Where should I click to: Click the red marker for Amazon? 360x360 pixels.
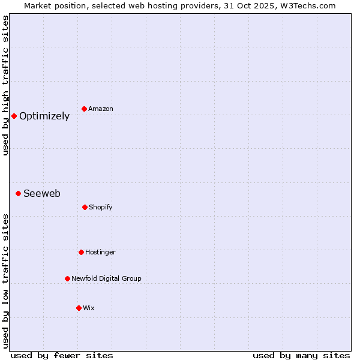[85, 109]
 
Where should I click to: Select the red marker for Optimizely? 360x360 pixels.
[14, 116]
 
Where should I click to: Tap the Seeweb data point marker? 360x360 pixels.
[19, 193]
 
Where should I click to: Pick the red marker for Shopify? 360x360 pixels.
[85, 207]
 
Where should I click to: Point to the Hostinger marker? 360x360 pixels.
[81, 252]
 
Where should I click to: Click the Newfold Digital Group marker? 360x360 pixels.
[67, 278]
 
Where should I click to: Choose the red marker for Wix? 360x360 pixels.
[79, 308]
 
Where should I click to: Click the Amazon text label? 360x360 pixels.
[101, 109]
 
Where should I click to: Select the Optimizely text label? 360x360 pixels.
[44, 116]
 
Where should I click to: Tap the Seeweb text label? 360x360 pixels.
[42, 193]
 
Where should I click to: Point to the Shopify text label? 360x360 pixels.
[101, 207]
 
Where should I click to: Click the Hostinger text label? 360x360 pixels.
[100, 252]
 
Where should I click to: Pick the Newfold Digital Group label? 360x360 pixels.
[106, 278]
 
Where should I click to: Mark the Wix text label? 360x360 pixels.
[89, 308]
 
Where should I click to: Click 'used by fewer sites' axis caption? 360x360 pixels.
[62, 355]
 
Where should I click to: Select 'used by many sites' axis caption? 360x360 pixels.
[301, 355]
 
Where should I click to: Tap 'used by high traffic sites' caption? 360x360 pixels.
[5, 85]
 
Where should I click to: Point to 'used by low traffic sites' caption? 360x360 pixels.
[5, 281]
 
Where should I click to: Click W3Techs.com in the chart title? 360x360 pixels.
[308, 5]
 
